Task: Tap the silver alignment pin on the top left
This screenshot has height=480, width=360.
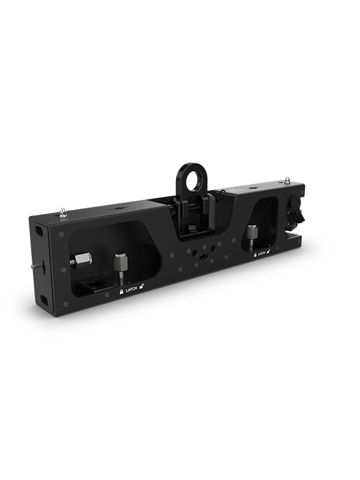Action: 64,213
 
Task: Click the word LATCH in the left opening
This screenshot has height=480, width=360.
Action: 131,290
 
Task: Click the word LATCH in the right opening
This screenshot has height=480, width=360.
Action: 262,254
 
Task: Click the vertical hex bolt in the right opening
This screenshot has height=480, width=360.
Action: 250,233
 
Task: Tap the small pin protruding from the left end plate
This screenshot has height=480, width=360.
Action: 35,265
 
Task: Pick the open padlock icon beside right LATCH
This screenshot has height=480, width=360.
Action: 269,253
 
